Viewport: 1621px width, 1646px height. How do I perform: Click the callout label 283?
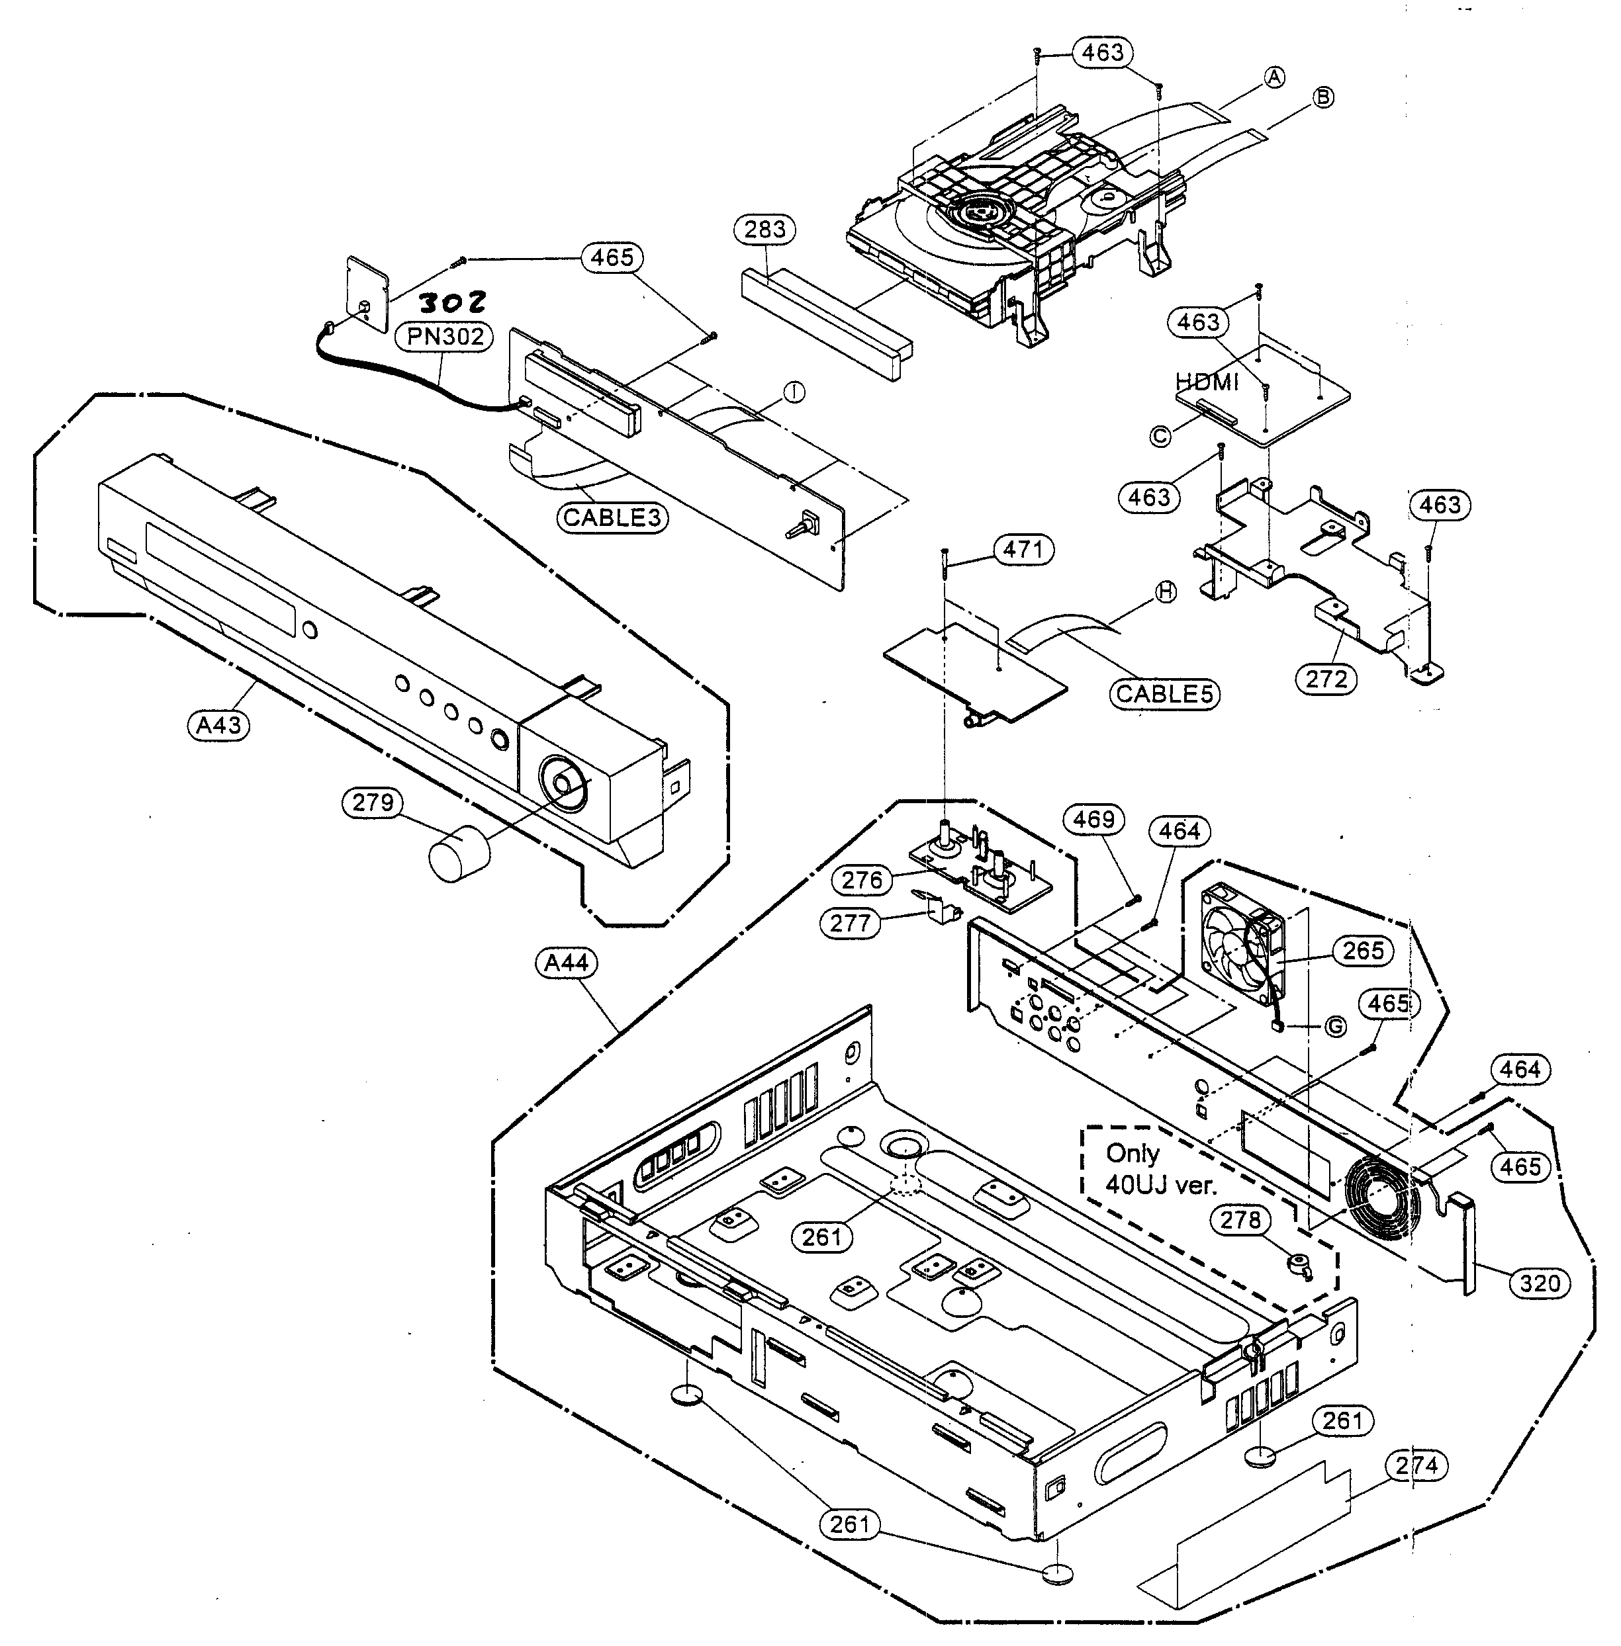click(x=764, y=230)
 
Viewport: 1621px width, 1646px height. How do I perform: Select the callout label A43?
click(x=219, y=725)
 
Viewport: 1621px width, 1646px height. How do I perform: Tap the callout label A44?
click(x=566, y=963)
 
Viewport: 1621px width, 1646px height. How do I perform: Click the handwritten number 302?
click(x=453, y=301)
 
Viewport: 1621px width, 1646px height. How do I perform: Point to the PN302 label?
click(x=444, y=337)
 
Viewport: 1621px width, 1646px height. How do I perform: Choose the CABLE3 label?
click(x=612, y=517)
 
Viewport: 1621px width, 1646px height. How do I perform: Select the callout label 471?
click(x=1023, y=550)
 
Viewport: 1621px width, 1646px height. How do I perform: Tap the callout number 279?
click(x=373, y=802)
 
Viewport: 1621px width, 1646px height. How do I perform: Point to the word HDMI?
click(x=1207, y=382)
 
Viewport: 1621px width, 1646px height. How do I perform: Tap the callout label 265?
click(x=1363, y=951)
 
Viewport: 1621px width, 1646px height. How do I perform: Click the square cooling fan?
click(x=1242, y=941)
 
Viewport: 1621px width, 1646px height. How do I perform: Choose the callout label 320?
click(x=1540, y=1283)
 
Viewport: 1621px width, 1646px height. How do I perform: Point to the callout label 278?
click(x=1240, y=1219)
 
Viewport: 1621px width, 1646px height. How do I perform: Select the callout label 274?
click(x=1416, y=1465)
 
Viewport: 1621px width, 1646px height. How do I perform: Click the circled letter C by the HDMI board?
click(x=1160, y=436)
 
